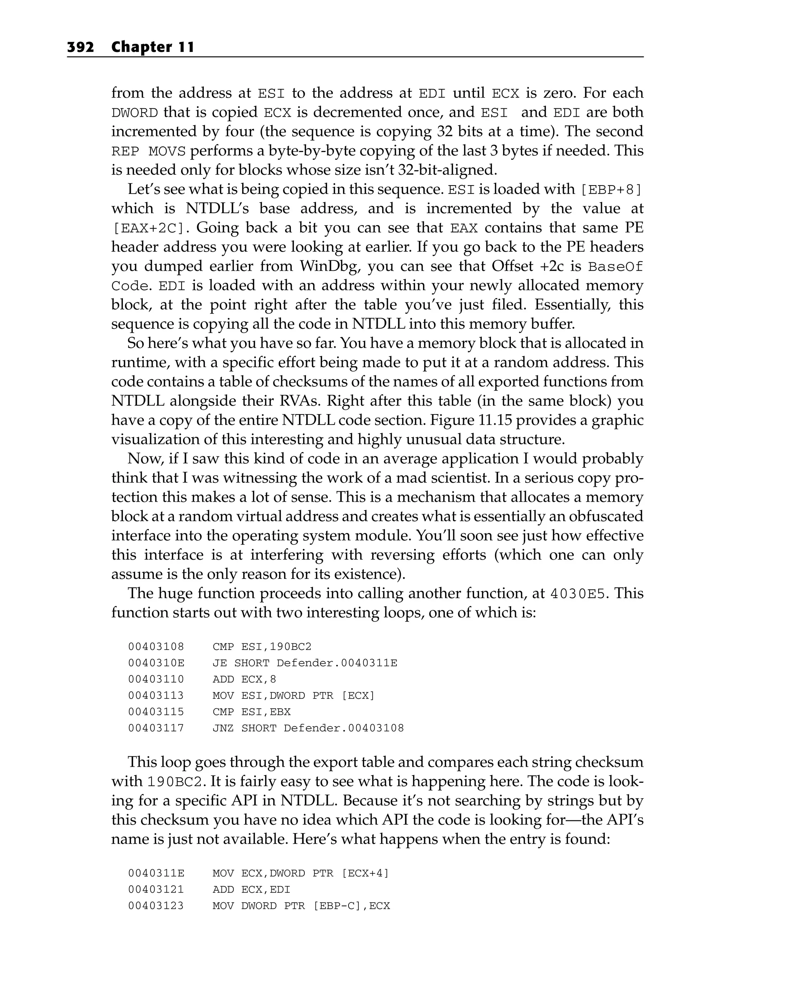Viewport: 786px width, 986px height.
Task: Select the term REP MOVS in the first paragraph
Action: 149,151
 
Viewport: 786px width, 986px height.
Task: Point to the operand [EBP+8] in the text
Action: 611,189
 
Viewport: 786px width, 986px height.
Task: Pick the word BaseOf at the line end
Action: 615,266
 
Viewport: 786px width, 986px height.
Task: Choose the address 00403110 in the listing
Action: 156,679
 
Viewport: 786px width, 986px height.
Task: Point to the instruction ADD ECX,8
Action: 244,679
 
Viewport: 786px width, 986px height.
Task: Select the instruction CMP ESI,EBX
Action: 251,712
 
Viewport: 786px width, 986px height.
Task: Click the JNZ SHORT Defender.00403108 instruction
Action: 308,728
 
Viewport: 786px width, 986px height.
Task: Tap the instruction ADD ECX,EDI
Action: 251,890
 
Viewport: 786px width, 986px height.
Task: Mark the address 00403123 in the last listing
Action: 156,905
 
